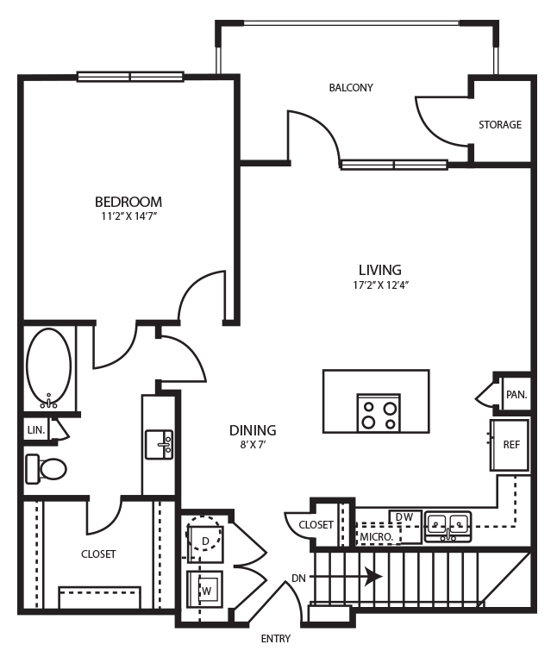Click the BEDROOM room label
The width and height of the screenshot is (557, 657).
coord(128,203)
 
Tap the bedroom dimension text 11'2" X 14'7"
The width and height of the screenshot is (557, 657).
coord(128,217)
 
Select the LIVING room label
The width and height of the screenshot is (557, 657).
coord(380,270)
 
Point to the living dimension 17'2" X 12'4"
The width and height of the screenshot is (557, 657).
coord(380,285)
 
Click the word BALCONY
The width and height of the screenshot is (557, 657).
coord(351,88)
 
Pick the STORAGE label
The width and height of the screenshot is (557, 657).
coord(500,125)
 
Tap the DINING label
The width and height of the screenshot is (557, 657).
coord(253,430)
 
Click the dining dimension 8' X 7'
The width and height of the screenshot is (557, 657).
coord(253,445)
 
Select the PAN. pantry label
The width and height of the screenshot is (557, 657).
coord(516,395)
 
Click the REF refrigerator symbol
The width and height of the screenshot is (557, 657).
coord(510,444)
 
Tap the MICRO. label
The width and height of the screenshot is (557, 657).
coord(377,536)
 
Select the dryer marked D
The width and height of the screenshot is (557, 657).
coord(205,541)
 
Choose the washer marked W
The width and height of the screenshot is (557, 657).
coord(205,591)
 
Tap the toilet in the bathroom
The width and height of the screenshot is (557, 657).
coord(47,469)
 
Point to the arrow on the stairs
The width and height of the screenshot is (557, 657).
coord(372,575)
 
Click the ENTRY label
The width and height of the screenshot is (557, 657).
coord(275,639)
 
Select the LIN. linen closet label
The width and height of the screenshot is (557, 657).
coord(35,429)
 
